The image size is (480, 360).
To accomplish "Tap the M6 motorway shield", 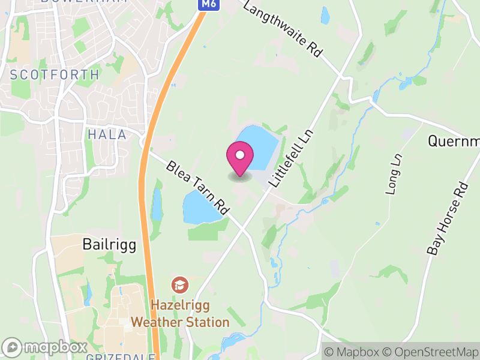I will click(208, 4).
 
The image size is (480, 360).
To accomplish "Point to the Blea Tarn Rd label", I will click(198, 188).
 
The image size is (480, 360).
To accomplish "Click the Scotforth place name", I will click(55, 75).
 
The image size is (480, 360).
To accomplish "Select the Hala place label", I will click(107, 134).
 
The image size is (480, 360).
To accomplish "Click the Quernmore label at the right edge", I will click(454, 142).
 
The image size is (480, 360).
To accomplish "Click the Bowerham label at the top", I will click(83, 2).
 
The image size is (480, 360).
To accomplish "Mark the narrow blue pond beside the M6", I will click(157, 204).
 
